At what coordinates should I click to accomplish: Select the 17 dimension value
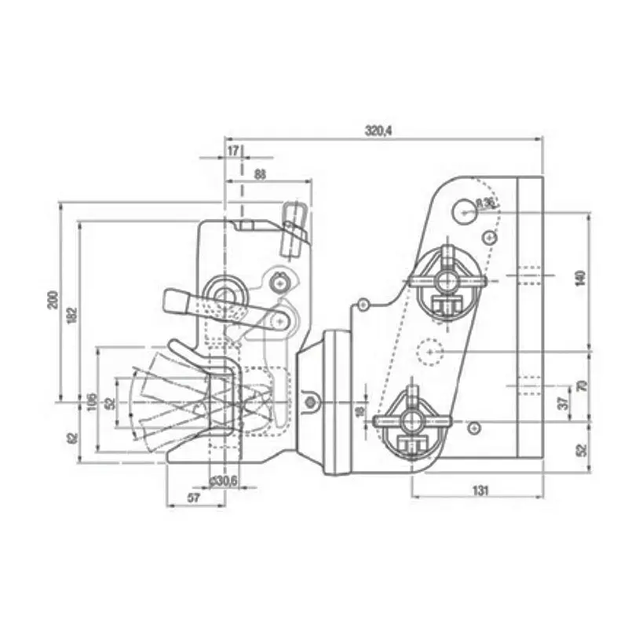pyautogui.click(x=233, y=149)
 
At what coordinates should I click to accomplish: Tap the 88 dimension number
pyautogui.click(x=260, y=173)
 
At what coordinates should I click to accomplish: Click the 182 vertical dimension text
pyautogui.click(x=72, y=314)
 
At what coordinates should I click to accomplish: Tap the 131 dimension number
pyautogui.click(x=480, y=490)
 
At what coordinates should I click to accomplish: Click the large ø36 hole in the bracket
pyautogui.click(x=466, y=209)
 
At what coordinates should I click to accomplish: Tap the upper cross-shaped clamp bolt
pyautogui.click(x=447, y=279)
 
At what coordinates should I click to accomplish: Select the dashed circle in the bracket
pyautogui.click(x=429, y=351)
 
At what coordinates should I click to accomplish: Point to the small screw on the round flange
pyautogui.click(x=312, y=403)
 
